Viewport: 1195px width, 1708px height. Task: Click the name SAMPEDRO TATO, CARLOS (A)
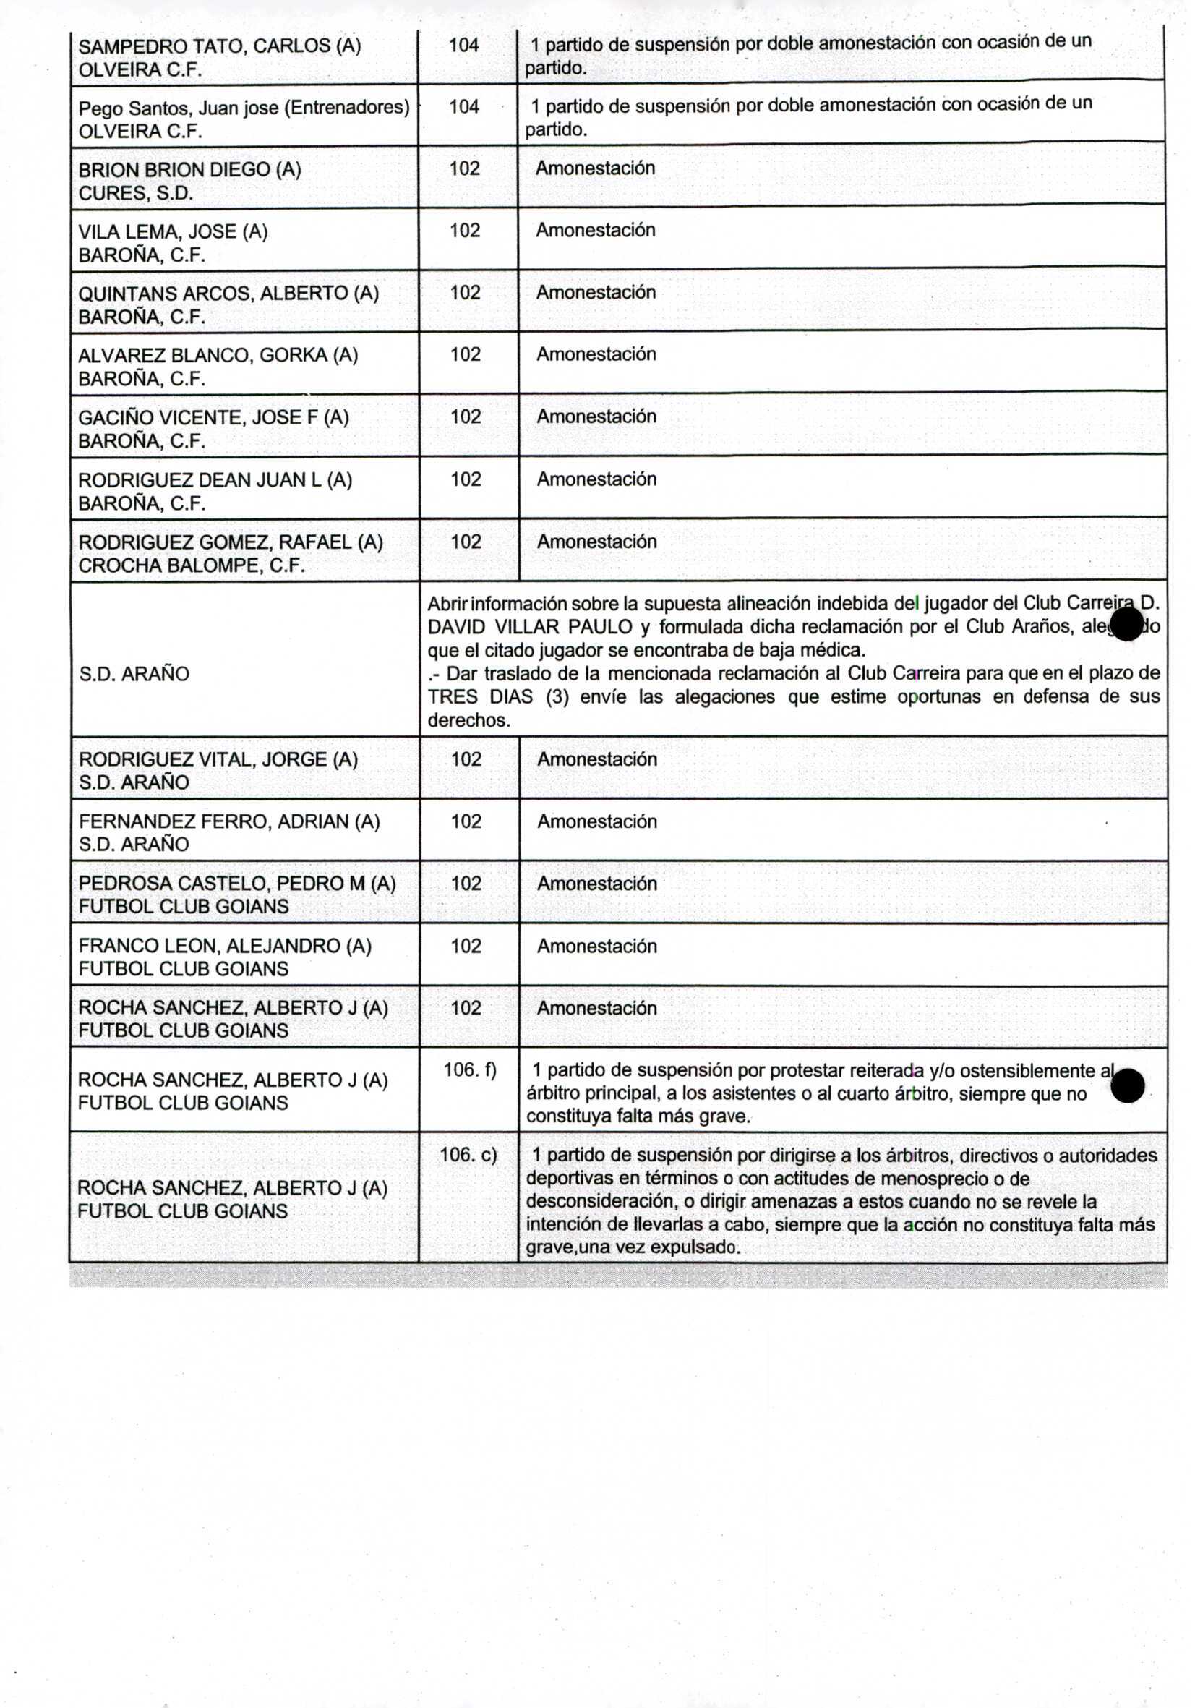tap(219, 46)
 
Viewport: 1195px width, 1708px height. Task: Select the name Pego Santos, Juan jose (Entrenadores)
tap(244, 108)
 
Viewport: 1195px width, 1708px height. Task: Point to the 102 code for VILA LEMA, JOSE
tap(465, 231)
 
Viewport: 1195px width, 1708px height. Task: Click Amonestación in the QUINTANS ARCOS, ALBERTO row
tap(596, 292)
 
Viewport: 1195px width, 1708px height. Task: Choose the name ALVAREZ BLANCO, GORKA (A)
tap(218, 356)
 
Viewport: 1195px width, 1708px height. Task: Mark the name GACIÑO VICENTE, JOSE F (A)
tap(213, 417)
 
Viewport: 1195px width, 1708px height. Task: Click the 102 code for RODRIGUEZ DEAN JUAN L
tap(466, 479)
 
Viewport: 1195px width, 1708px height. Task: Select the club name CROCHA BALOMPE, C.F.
tap(192, 565)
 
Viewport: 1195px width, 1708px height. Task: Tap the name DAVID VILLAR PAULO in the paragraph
tap(529, 627)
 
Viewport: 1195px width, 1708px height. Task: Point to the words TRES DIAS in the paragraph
tap(480, 697)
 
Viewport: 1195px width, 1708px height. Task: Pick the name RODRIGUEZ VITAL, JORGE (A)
tap(218, 759)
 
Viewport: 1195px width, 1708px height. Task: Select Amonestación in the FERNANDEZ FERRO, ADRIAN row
tap(597, 821)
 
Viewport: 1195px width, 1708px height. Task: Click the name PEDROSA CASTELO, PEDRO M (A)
tap(236, 884)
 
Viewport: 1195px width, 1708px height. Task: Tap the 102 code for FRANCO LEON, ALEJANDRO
tap(466, 947)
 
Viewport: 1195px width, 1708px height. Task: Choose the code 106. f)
tap(470, 1069)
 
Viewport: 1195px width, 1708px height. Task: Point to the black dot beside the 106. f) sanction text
tap(1128, 1086)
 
